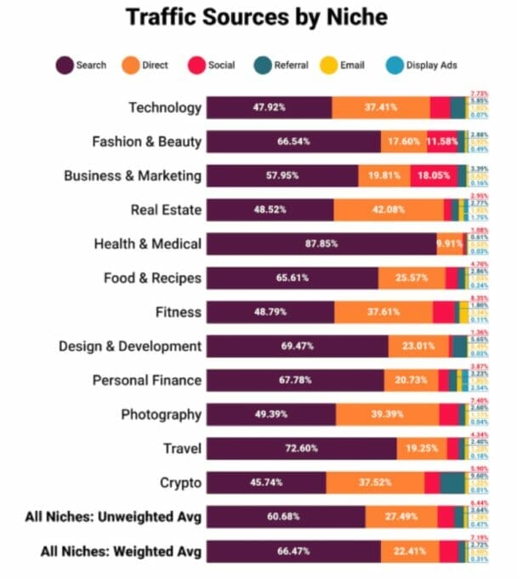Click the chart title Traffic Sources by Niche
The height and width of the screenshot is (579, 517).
pyautogui.click(x=258, y=16)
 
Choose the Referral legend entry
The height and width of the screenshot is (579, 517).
pyautogui.click(x=281, y=65)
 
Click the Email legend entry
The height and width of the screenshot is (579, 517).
pyautogui.click(x=344, y=65)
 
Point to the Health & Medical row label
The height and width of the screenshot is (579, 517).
pyautogui.click(x=147, y=244)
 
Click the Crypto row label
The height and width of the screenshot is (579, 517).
pyautogui.click(x=180, y=483)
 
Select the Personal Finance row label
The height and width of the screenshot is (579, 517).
pyautogui.click(x=146, y=381)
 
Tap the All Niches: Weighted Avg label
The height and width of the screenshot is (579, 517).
pyautogui.click(x=121, y=552)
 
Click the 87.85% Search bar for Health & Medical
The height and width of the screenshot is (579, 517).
pyautogui.click(x=321, y=244)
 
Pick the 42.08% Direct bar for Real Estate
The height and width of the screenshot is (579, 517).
pyautogui.click(x=388, y=209)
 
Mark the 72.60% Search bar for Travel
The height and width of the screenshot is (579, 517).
pyautogui.click(x=301, y=449)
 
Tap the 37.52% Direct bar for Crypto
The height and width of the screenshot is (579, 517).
pyautogui.click(x=374, y=483)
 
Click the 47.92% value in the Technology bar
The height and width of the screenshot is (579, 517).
pyautogui.click(x=269, y=107)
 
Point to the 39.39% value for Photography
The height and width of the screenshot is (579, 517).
pyautogui.click(x=387, y=415)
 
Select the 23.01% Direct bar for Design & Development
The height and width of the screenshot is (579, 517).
pyautogui.click(x=418, y=347)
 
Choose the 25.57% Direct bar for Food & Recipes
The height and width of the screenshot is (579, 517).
pyautogui.click(x=412, y=278)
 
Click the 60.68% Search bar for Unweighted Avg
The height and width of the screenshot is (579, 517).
pyautogui.click(x=286, y=517)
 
